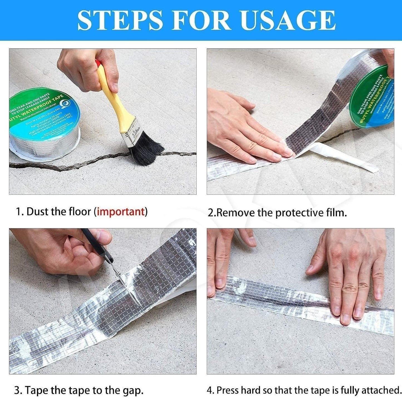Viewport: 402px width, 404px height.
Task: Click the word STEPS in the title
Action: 120,20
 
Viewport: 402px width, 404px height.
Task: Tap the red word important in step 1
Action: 120,212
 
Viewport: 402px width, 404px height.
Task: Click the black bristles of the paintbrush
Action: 146,151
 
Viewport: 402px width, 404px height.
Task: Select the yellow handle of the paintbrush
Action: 112,95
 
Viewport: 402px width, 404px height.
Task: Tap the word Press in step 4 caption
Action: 228,390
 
